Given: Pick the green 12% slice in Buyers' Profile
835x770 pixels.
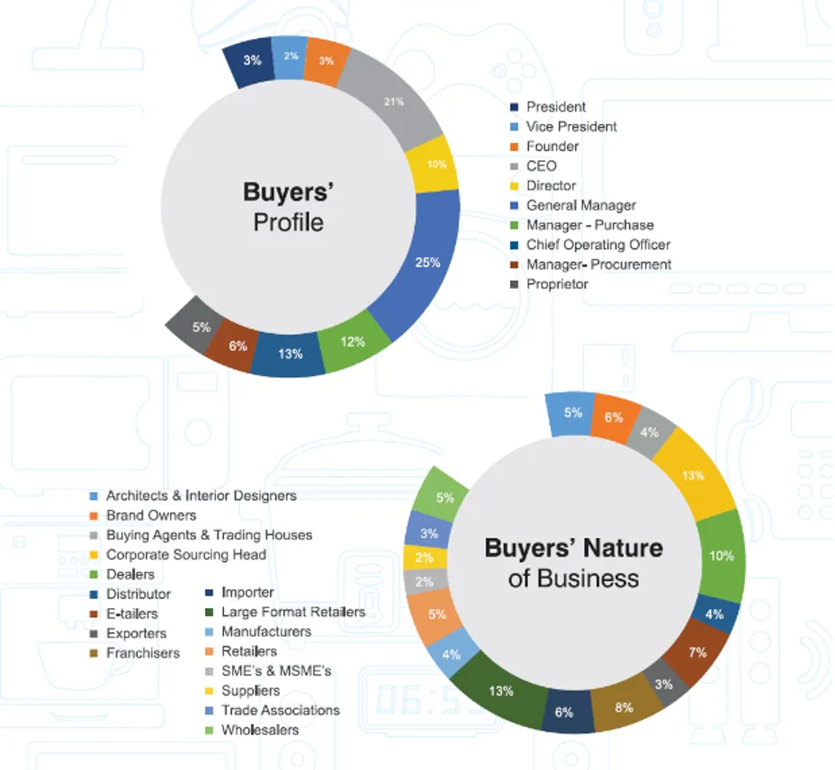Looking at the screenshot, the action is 352,342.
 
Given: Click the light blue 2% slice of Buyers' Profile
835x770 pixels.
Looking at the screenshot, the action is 290,58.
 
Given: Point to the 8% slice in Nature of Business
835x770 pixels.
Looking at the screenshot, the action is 624,707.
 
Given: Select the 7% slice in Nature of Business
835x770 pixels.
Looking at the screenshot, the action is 696,651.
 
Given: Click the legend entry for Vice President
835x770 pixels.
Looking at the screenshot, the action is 571,127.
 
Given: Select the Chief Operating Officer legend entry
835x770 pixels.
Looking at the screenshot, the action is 597,245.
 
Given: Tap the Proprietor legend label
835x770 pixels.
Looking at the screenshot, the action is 557,284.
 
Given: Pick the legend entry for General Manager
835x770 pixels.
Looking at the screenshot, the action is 580,205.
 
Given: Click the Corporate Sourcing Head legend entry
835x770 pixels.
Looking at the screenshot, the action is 185,555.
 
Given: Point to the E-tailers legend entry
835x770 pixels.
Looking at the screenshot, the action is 131,613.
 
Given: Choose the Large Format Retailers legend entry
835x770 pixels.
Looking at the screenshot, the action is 292,612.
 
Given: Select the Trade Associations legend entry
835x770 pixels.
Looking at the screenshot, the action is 280,711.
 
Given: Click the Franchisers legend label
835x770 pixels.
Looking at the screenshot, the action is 142,653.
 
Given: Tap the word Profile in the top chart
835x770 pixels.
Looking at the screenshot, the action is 288,221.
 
